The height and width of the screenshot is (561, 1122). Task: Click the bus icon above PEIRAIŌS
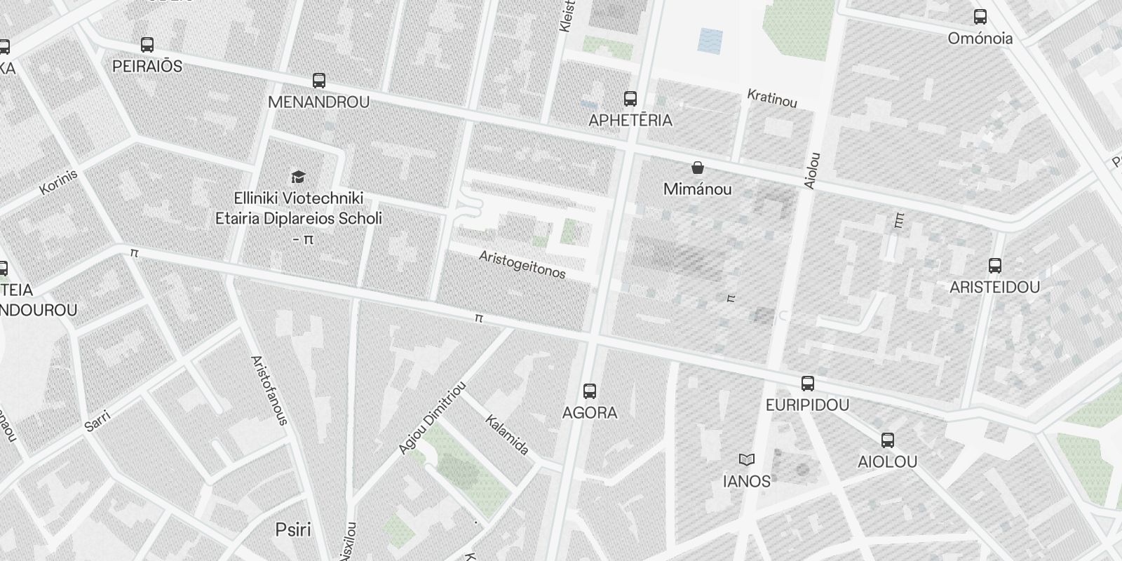tap(147, 45)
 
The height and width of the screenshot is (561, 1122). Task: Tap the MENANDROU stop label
tap(318, 102)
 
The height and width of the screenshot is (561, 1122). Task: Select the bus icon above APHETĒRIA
tap(630, 98)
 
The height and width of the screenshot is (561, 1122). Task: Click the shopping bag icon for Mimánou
tap(698, 168)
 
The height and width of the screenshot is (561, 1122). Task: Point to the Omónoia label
tap(980, 39)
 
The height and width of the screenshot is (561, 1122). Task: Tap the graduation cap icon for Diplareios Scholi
tap(299, 176)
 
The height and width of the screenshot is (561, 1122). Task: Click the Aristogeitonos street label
tap(522, 264)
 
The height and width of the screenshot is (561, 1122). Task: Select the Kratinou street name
tap(772, 98)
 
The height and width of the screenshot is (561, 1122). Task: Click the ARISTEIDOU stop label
tap(994, 288)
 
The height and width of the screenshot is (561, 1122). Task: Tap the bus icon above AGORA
tap(590, 391)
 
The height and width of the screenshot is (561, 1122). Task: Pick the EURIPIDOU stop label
tap(807, 405)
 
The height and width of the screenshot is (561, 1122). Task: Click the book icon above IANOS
tap(747, 460)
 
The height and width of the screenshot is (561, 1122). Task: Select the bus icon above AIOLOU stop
tap(888, 440)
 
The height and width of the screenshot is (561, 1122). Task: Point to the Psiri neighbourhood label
tap(293, 529)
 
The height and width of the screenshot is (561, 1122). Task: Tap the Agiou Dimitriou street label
tap(432, 418)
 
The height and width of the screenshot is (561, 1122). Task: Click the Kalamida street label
tap(507, 435)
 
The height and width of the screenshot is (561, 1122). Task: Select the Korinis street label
tap(58, 182)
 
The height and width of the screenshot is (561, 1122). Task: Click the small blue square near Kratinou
tap(710, 41)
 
